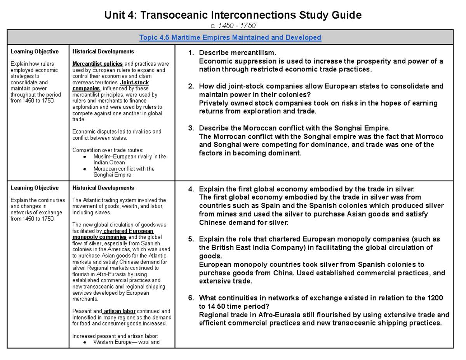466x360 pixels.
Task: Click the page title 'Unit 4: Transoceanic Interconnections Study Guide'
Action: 233,15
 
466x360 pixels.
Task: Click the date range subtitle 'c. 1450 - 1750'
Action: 233,26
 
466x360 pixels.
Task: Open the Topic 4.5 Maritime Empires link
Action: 230,38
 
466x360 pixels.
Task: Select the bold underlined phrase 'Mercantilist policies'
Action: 97,64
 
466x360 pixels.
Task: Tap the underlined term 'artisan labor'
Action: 120,311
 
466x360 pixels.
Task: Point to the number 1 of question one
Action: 190,53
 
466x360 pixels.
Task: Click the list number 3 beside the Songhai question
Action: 190,128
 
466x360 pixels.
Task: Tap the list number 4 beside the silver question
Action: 190,189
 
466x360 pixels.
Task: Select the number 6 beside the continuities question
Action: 190,298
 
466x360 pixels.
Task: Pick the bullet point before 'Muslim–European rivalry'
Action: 85,157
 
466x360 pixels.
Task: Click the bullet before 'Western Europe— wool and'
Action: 85,342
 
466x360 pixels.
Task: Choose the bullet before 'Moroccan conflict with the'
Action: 85,169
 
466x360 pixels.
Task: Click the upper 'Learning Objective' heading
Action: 35,52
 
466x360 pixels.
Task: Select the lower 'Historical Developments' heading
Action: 103,188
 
